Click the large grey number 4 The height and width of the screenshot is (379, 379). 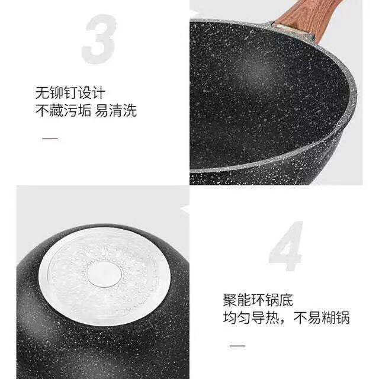pyautogui.click(x=286, y=246)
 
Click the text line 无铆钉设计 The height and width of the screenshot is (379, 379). pyautogui.click(x=70, y=93)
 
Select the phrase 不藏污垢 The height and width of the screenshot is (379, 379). pyautogui.click(x=63, y=111)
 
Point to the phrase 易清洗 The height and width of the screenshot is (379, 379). pyautogui.click(x=116, y=111)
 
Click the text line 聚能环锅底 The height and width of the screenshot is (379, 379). pyautogui.click(x=258, y=300)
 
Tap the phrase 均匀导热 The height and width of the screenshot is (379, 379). pyautogui.click(x=251, y=317)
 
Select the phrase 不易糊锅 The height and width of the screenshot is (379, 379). pyautogui.click(x=322, y=317)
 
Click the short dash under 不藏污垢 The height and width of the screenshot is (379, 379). pyautogui.click(x=50, y=139)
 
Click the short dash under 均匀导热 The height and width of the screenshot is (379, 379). pyautogui.click(x=237, y=346)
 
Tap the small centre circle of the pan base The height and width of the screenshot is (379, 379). pyautogui.click(x=104, y=274)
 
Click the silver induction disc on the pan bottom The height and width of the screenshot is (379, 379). pyautogui.click(x=104, y=275)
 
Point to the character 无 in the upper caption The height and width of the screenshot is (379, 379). pyautogui.click(x=42, y=93)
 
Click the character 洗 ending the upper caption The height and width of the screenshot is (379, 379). pyautogui.click(x=130, y=111)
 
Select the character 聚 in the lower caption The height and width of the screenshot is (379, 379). pyautogui.click(x=230, y=300)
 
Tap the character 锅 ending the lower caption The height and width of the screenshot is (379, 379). pyautogui.click(x=343, y=317)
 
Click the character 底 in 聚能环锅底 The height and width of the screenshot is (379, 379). pyautogui.click(x=286, y=300)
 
